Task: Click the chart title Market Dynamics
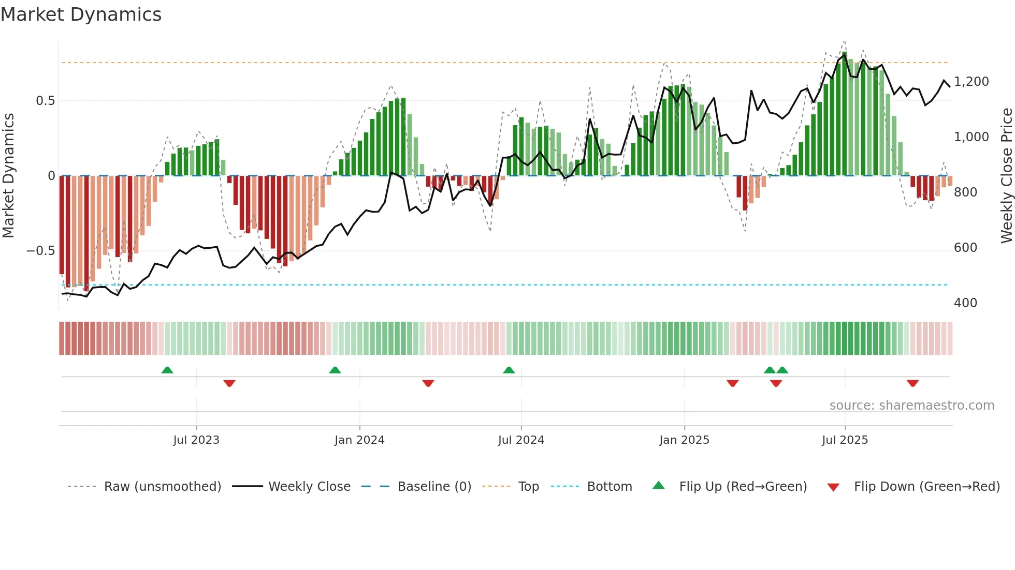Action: tap(81, 14)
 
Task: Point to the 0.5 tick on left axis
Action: tap(45, 100)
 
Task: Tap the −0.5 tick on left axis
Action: tap(40, 251)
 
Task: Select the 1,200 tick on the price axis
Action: tap(971, 82)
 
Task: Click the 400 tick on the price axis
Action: tap(965, 303)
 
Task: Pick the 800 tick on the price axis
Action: tap(965, 192)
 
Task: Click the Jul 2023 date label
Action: tap(196, 440)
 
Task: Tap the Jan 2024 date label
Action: tap(359, 440)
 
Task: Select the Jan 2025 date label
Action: tap(684, 440)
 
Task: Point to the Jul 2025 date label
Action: tap(845, 440)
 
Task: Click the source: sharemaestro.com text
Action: tap(911, 406)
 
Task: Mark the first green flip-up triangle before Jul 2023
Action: tap(167, 370)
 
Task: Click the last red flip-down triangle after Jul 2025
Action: tap(912, 383)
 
